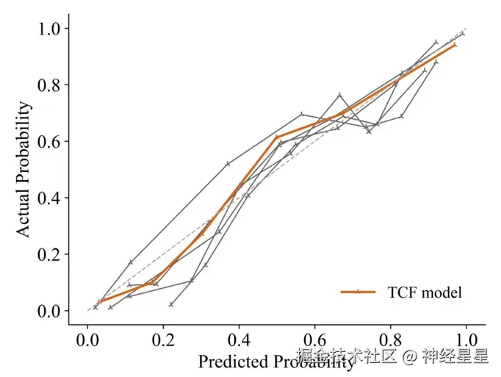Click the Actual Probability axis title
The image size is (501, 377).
pyautogui.click(x=24, y=170)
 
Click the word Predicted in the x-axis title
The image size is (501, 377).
pyautogui.click(x=230, y=361)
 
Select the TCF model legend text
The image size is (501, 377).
pyautogui.click(x=425, y=292)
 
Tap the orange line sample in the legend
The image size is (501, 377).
pyautogui.click(x=358, y=292)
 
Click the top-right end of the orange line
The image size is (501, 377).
pyautogui.click(x=455, y=45)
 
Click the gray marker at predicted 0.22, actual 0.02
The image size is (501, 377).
pyautogui.click(x=171, y=304)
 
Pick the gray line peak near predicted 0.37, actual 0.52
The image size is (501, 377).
pyautogui.click(x=228, y=163)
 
